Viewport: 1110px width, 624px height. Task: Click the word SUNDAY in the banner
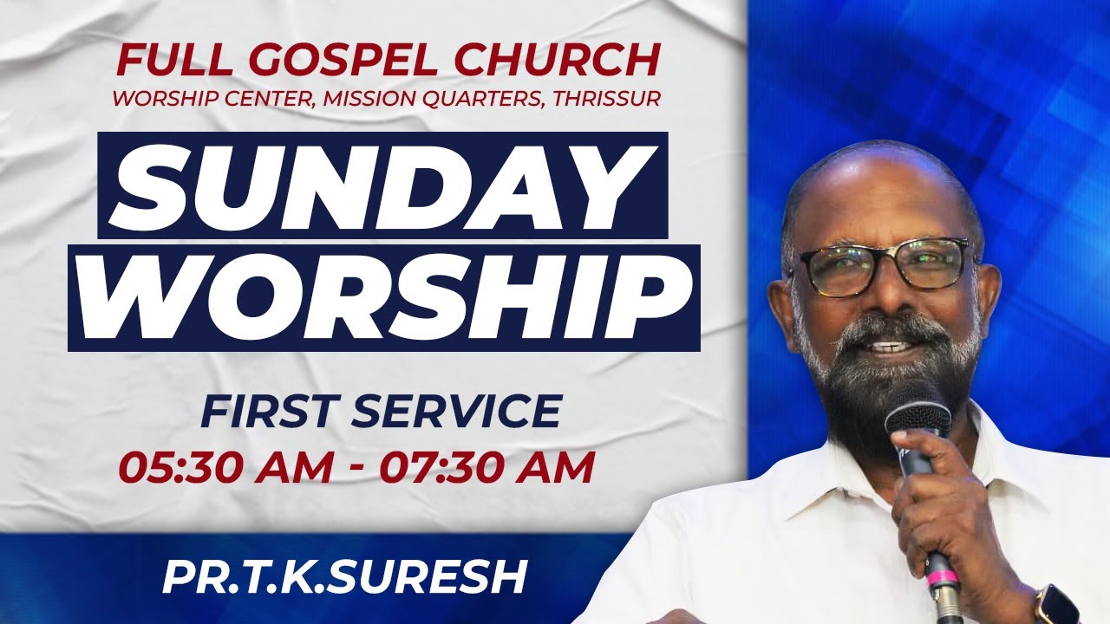[x=382, y=185]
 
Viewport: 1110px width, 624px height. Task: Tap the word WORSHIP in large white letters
[x=383, y=296]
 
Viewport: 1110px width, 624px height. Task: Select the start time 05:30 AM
[x=227, y=469]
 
